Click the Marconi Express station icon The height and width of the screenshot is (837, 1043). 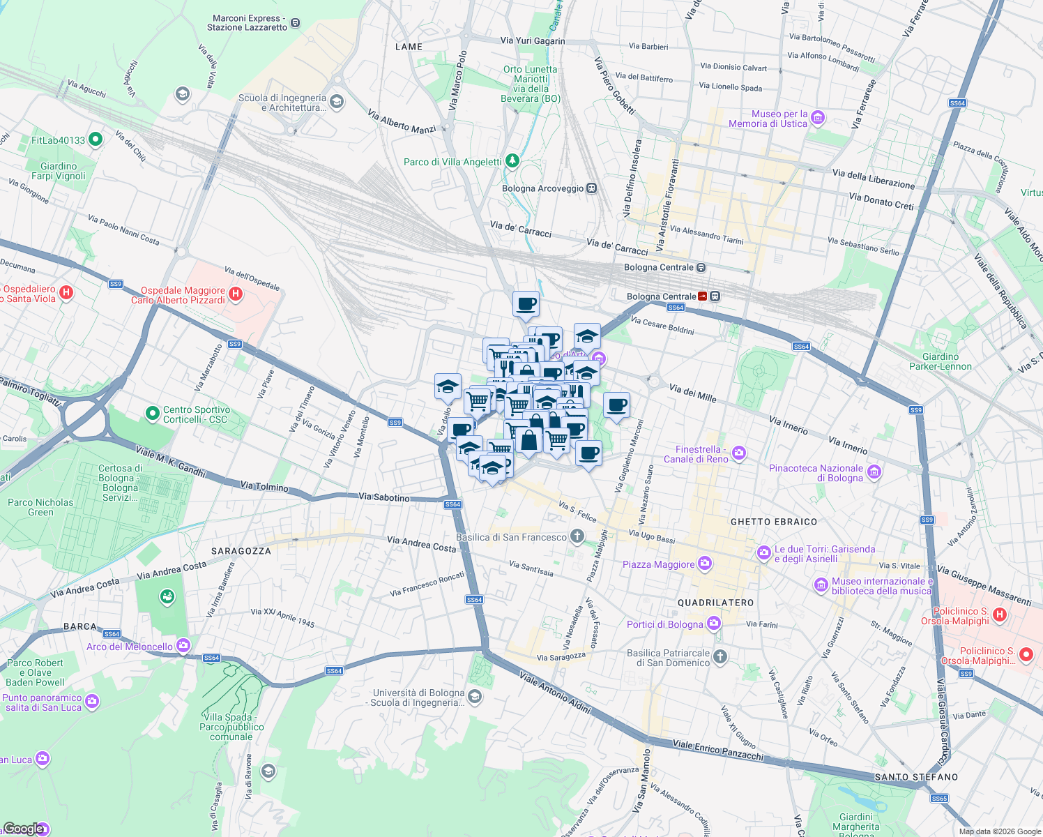pyautogui.click(x=295, y=23)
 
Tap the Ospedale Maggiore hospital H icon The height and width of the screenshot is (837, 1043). pyautogui.click(x=236, y=294)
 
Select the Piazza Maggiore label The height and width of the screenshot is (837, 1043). pyautogui.click(x=658, y=564)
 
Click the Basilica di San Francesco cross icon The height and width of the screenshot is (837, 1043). pyautogui.click(x=577, y=536)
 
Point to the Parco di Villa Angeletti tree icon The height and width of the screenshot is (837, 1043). pyautogui.click(x=512, y=162)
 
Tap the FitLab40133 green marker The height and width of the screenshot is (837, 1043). pyautogui.click(x=96, y=139)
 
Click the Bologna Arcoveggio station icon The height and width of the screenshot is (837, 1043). pyautogui.click(x=591, y=188)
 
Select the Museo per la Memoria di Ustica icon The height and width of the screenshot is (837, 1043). pyautogui.click(x=818, y=118)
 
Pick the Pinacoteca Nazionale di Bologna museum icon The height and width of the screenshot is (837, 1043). pyautogui.click(x=874, y=472)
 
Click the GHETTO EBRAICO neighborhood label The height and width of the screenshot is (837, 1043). pyautogui.click(x=773, y=522)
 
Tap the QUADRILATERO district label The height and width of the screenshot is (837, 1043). pyautogui.click(x=715, y=602)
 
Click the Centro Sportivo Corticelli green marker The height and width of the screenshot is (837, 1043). pyautogui.click(x=152, y=414)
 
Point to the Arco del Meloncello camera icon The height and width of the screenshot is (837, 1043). pyautogui.click(x=183, y=646)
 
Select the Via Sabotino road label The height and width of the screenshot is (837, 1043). pyautogui.click(x=383, y=497)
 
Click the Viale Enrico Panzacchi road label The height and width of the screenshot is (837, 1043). pyautogui.click(x=718, y=751)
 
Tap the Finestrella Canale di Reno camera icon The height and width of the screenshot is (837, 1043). pyautogui.click(x=739, y=453)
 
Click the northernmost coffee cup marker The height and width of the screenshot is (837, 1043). pyautogui.click(x=526, y=304)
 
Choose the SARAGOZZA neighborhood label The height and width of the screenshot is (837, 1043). pyautogui.click(x=241, y=551)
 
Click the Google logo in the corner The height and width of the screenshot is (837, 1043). pyautogui.click(x=24, y=828)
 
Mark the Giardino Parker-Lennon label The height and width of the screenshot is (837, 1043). pyautogui.click(x=940, y=361)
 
